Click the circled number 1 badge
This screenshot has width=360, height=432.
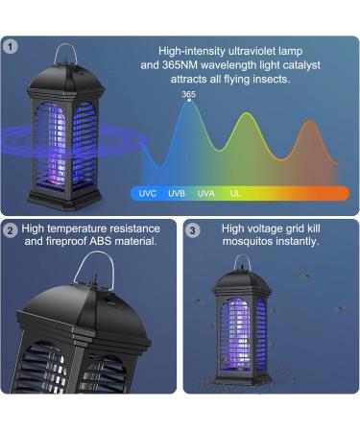tap(11, 45)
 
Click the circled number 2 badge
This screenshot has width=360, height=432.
tap(11, 229)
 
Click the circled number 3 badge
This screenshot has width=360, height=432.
tap(192, 229)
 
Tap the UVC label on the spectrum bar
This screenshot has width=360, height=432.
tap(147, 193)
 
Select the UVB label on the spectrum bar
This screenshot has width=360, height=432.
tap(177, 193)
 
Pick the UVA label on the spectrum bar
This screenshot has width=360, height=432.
tap(205, 193)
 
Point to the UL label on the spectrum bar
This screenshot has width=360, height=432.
tap(235, 193)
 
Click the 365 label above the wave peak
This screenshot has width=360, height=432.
tap(188, 94)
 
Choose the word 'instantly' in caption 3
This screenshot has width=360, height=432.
tap(294, 242)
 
